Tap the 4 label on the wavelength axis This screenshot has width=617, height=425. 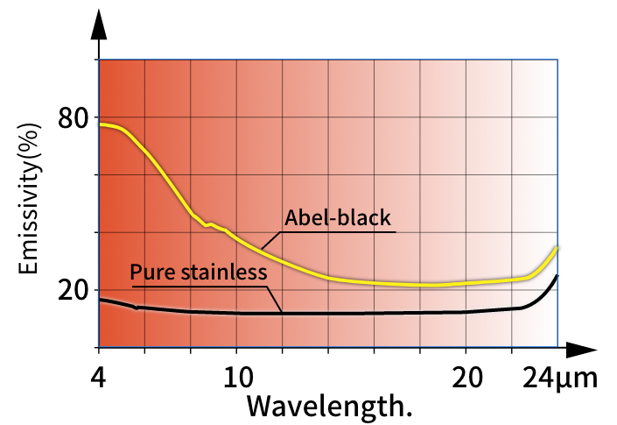tap(100, 379)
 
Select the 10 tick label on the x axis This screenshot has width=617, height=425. tap(237, 379)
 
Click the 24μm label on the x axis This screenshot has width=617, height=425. tap(560, 379)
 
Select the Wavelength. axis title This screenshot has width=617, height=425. tap(328, 407)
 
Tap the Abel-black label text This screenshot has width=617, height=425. tap(339, 217)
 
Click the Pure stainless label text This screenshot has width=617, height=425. tap(198, 273)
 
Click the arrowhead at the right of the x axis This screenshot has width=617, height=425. tap(576, 348)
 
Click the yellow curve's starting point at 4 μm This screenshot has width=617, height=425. tap(101, 124)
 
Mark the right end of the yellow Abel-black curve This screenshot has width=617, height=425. tap(557, 248)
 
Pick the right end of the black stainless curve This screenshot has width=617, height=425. tap(557, 276)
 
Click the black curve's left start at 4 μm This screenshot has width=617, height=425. tap(101, 300)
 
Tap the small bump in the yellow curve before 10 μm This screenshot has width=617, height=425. tap(210, 225)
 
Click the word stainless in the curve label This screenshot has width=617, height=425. tap(223, 273)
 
